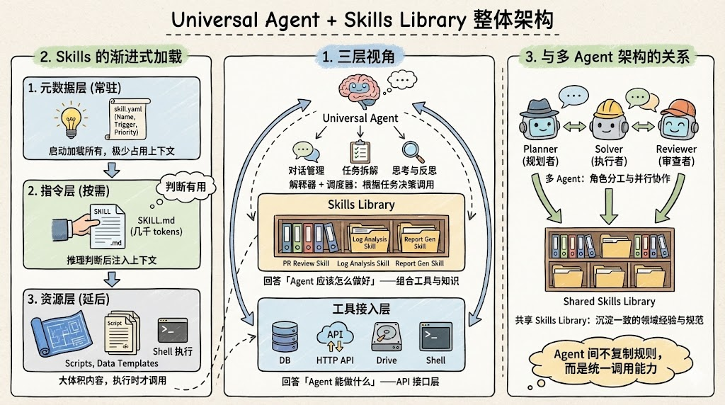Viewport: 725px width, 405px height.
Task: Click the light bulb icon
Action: pos(71,122)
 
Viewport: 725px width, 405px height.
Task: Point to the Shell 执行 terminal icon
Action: pos(173,330)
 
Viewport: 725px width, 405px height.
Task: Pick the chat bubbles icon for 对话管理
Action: pos(303,151)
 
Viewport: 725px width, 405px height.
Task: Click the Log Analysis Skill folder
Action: pos(370,238)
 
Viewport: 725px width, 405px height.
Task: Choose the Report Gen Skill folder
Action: pos(420,238)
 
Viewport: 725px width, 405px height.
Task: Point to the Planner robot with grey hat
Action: pos(540,120)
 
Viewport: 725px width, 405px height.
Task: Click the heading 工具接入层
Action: pos(361,309)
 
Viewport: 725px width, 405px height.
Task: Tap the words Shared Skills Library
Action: pos(609,301)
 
